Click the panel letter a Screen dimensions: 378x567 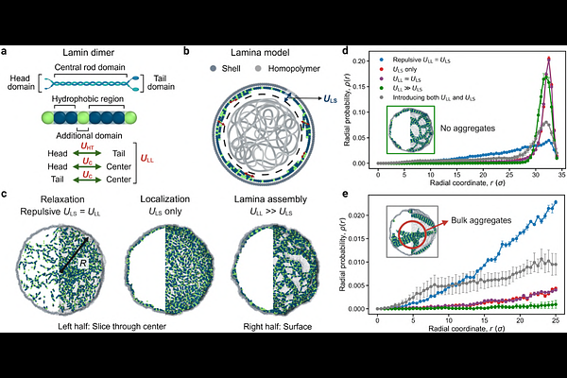[x=6, y=49]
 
